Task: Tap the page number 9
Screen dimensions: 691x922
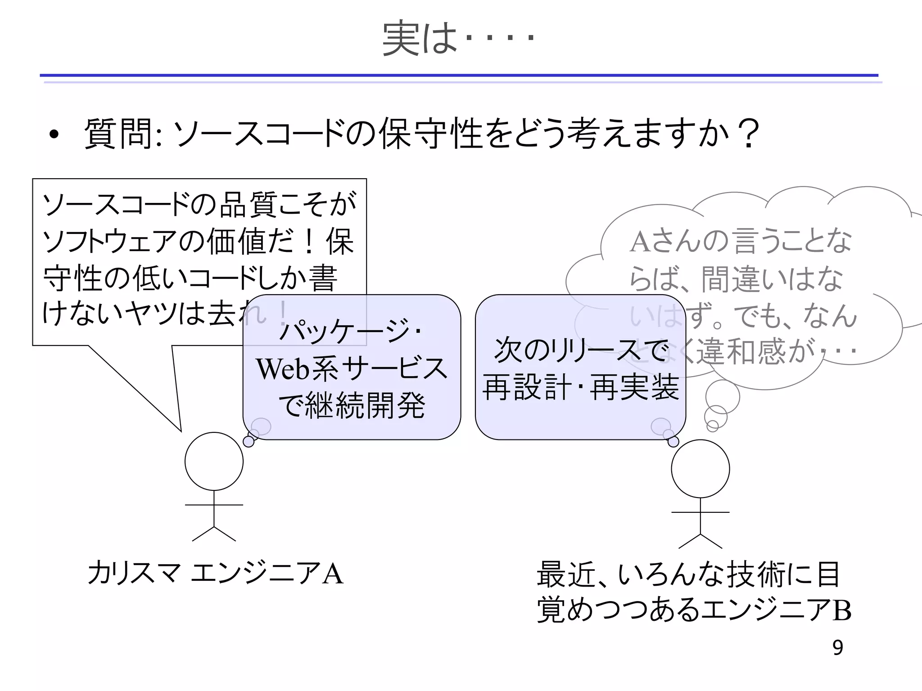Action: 837,648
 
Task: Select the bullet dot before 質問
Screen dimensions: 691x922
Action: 54,134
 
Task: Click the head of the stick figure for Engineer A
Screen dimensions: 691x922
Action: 214,461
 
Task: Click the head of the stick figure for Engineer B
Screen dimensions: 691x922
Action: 700,468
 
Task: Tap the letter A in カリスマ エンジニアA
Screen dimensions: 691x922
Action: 332,574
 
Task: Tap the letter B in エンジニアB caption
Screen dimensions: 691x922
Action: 841,611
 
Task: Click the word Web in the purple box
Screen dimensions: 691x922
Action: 283,369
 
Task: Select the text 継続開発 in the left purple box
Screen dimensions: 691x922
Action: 365,405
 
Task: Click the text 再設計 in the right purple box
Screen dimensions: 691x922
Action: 527,387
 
